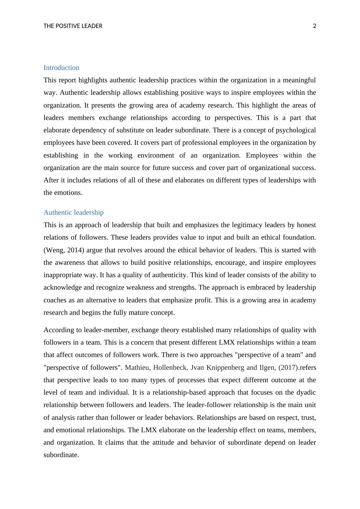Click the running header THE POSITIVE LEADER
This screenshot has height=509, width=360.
(73, 26)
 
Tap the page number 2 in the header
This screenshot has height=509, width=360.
(314, 26)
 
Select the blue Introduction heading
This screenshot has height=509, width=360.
(61, 68)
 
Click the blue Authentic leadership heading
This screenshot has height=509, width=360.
(73, 213)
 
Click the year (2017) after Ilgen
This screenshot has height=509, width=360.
(288, 368)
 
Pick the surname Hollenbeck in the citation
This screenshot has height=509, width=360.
(170, 368)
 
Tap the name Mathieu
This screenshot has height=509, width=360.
(137, 368)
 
